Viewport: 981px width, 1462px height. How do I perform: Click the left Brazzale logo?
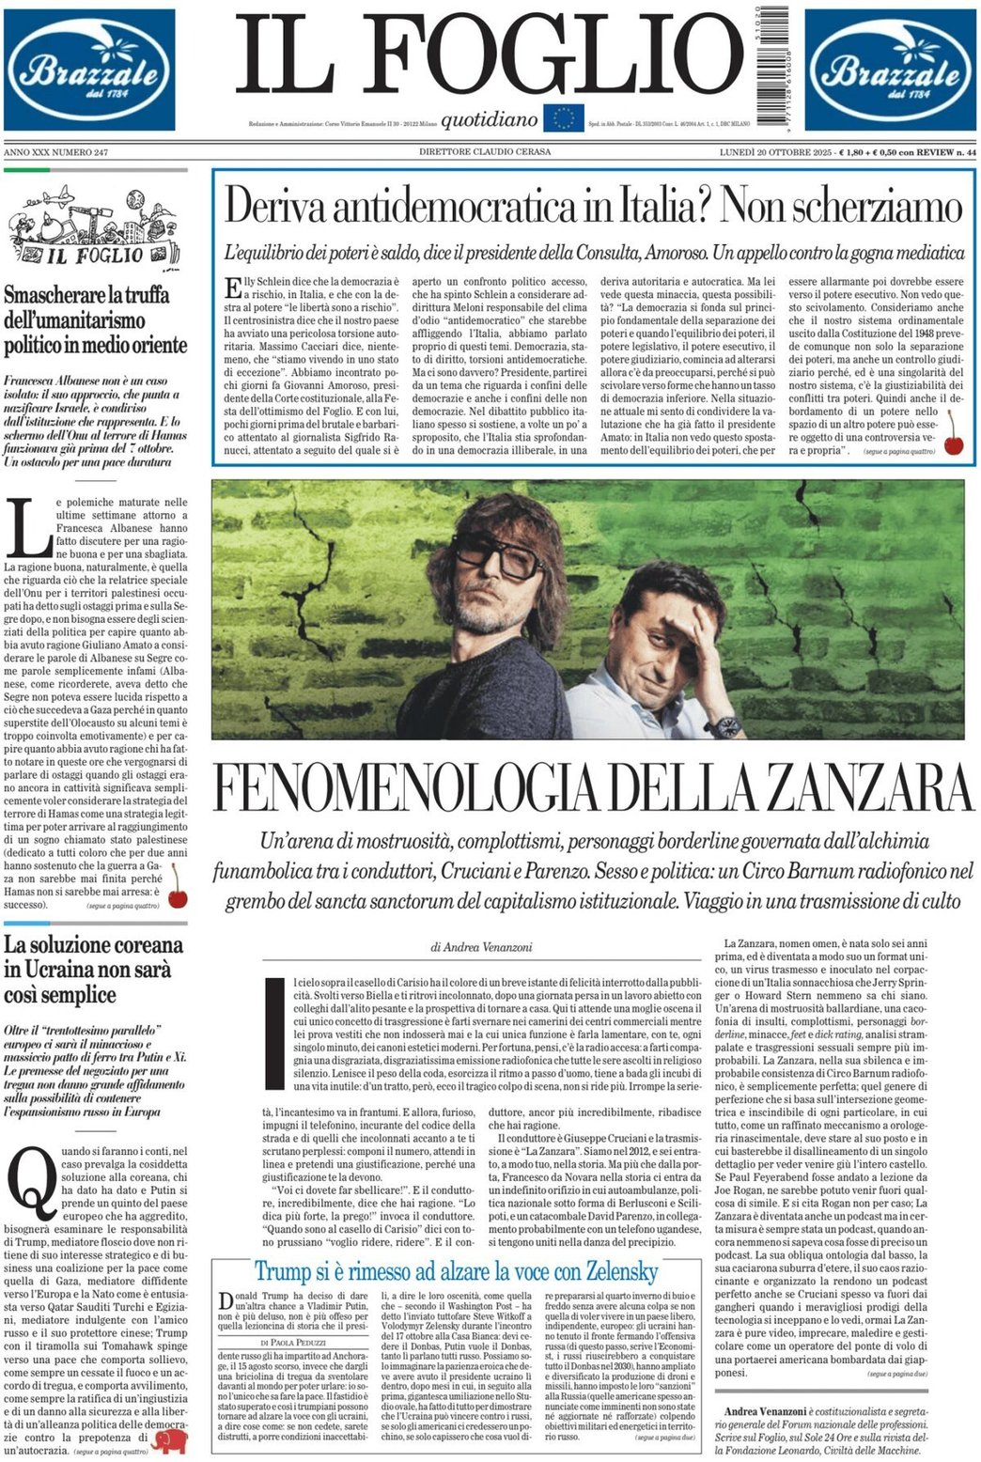(89, 70)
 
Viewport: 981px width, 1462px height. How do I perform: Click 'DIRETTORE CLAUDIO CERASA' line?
(485, 151)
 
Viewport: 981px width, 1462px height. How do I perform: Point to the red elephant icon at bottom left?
(173, 1440)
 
